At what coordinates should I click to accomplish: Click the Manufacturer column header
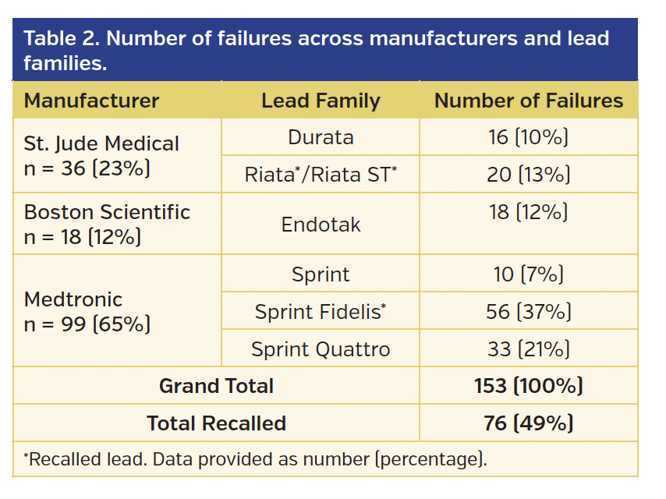91,101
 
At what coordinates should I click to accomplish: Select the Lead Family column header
321,101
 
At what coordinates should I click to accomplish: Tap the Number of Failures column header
528,101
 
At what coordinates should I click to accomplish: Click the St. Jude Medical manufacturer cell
101,156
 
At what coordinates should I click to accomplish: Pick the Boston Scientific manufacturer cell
107,225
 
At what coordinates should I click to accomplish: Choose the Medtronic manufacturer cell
87,311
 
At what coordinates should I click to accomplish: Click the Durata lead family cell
321,138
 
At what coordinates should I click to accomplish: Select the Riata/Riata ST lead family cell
321,175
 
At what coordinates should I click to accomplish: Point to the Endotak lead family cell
321,225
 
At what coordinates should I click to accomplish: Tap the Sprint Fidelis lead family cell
321,312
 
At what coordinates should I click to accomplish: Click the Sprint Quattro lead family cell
321,349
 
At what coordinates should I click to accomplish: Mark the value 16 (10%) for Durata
528,138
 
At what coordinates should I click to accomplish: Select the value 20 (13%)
528,175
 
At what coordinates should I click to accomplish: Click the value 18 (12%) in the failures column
528,212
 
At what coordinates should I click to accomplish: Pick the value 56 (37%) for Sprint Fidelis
528,312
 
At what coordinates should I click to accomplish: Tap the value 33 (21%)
528,349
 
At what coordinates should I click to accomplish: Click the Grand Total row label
216,385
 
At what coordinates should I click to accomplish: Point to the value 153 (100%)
528,385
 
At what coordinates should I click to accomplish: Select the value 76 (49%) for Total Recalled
528,423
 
